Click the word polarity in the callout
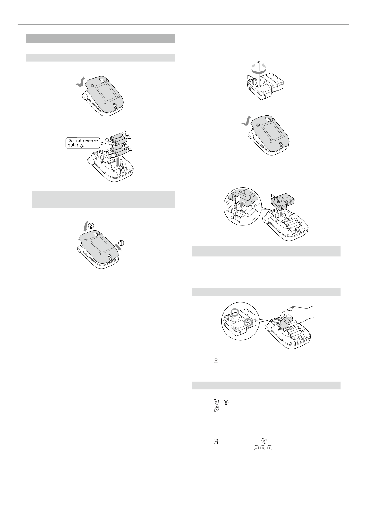coord(76,145)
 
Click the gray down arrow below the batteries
coord(118,162)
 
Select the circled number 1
coord(121,243)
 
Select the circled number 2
coord(91,225)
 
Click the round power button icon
coord(216,361)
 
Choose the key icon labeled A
coord(256,448)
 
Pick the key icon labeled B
coord(263,448)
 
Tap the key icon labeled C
coord(269,448)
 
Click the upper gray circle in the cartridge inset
coord(235,313)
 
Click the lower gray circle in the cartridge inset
coord(248,322)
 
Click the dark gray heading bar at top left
coord(100,39)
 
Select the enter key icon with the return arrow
coord(216,409)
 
